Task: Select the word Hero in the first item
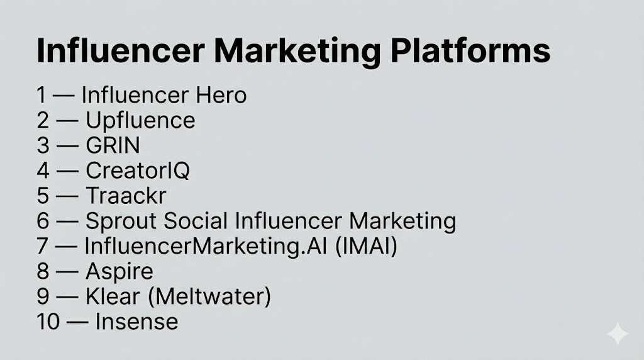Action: click(221, 95)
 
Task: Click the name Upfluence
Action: click(140, 120)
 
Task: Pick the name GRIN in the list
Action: click(113, 145)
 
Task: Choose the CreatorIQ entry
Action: click(138, 171)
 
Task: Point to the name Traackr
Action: click(126, 196)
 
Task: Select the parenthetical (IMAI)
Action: click(367, 246)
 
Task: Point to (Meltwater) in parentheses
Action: click(209, 296)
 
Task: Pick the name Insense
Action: click(136, 322)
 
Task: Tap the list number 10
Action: click(48, 322)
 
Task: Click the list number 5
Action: click(43, 196)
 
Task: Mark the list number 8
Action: click(43, 271)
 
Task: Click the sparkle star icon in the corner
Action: click(618, 334)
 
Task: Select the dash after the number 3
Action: click(67, 146)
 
